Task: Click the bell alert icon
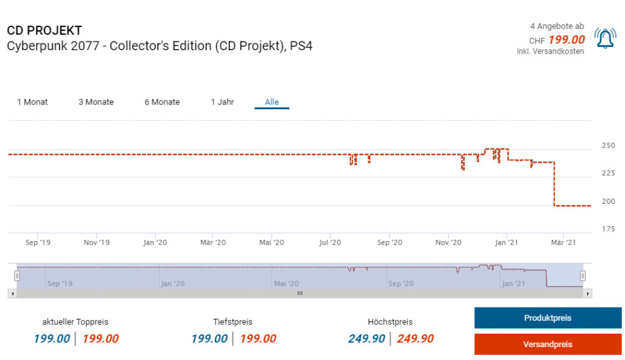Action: click(x=605, y=39)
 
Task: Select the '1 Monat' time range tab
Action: click(x=32, y=102)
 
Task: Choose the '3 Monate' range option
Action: click(x=96, y=102)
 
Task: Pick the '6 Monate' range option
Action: click(x=162, y=102)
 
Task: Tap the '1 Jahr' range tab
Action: click(x=222, y=102)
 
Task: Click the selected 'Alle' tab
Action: click(x=272, y=102)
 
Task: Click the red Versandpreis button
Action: click(x=547, y=344)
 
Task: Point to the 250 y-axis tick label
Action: click(x=608, y=146)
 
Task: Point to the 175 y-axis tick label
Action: click(x=608, y=229)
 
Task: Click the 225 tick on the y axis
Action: click(x=608, y=173)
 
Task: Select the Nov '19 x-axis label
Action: click(x=96, y=242)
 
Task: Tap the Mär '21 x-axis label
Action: click(x=563, y=242)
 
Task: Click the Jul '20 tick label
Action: click(x=330, y=242)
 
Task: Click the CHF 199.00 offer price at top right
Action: click(x=566, y=40)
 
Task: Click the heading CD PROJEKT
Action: click(x=45, y=31)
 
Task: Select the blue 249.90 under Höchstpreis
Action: click(x=367, y=339)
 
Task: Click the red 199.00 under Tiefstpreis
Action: click(x=258, y=339)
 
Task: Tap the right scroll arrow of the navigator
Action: click(x=588, y=293)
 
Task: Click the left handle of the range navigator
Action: click(x=17, y=276)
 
